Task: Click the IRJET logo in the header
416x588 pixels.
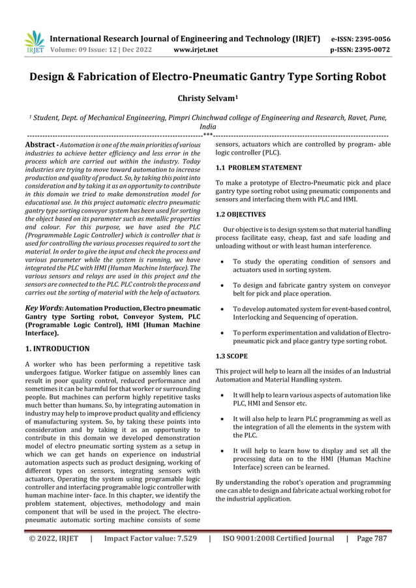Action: (34, 43)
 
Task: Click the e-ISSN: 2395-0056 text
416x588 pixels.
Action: (370, 38)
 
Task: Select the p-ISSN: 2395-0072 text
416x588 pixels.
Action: (370, 49)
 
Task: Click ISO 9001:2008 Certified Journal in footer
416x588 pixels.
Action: (278, 538)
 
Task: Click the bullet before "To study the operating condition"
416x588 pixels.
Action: (224, 261)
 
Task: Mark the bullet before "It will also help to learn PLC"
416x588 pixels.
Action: (224, 419)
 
